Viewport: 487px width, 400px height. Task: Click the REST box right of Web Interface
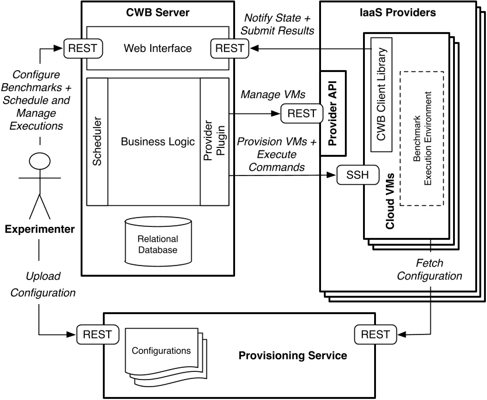230,48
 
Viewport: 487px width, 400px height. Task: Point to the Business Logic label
154,141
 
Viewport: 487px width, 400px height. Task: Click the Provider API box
333,113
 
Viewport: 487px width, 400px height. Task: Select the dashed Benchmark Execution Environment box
422,138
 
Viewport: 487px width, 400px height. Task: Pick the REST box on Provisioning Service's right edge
372,335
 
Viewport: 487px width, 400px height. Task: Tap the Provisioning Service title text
293,355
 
